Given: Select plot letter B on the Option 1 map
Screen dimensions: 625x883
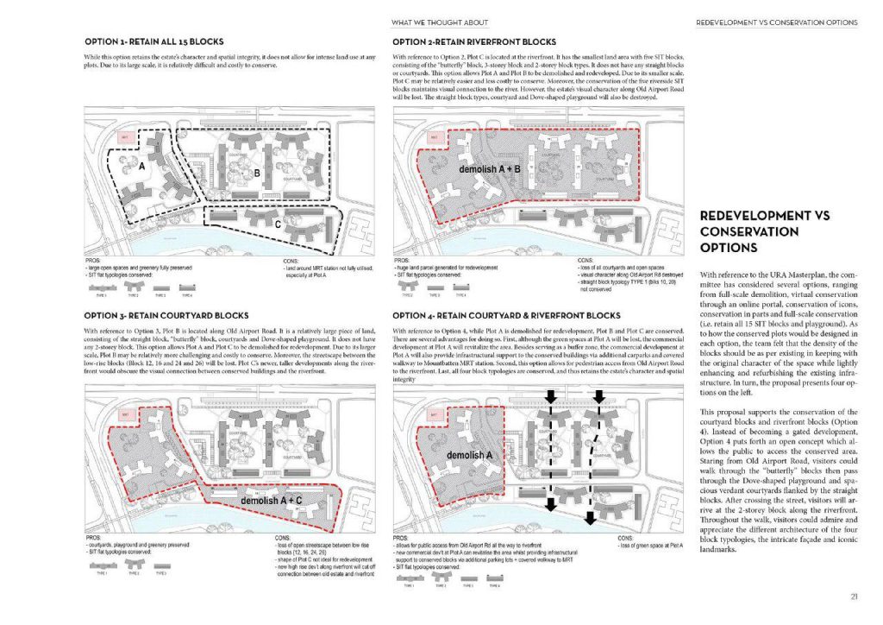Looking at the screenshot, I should pos(255,173).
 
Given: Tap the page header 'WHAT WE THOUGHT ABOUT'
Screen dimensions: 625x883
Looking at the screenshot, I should pos(451,22).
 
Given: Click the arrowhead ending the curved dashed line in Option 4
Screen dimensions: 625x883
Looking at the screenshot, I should pos(590,519).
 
